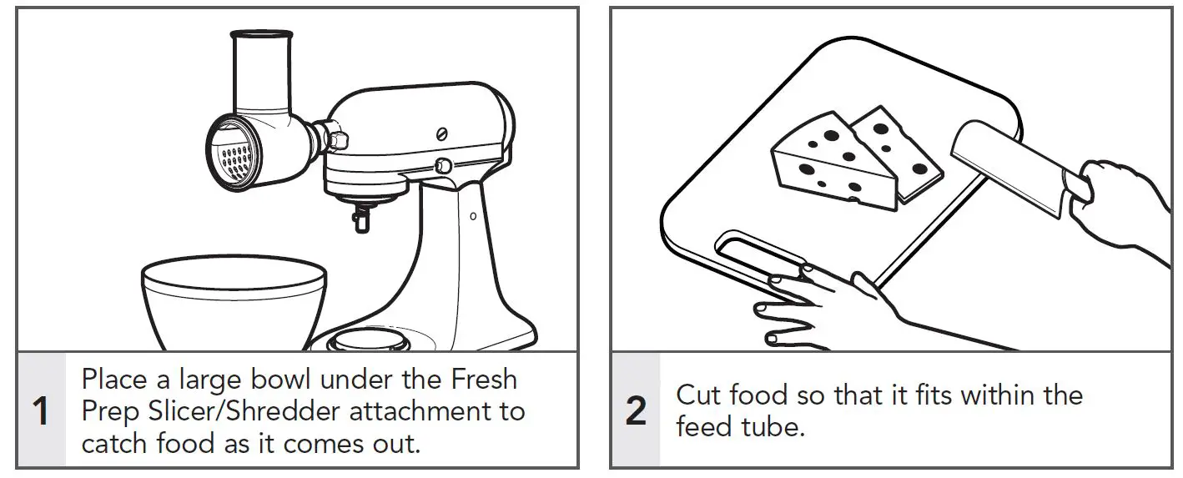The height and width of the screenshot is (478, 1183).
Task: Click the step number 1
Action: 40,412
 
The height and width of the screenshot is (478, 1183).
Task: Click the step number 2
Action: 636,412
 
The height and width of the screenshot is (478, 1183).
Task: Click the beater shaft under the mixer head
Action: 360,219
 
